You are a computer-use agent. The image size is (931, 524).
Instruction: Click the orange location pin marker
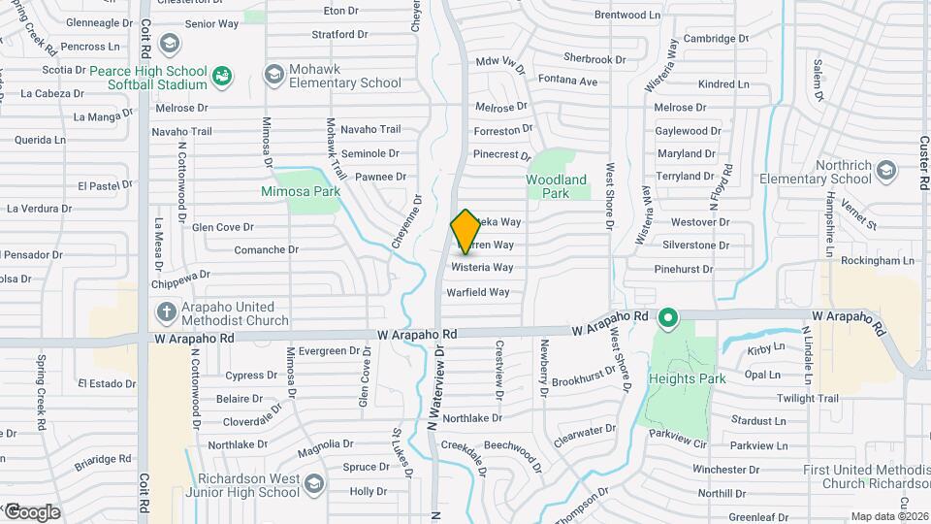[x=465, y=231]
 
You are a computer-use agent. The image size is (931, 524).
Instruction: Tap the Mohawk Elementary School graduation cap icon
[x=273, y=75]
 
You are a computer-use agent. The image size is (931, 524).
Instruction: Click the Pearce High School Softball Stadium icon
[x=221, y=75]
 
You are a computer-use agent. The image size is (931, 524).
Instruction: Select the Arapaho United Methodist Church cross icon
[x=165, y=311]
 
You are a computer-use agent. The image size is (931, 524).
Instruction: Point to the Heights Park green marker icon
[x=667, y=317]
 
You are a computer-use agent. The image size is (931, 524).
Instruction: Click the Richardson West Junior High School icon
[x=312, y=483]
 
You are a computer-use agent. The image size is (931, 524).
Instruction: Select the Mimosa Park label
[x=301, y=192]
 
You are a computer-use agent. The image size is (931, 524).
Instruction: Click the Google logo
[x=31, y=511]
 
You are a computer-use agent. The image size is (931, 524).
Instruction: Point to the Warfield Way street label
[x=477, y=292]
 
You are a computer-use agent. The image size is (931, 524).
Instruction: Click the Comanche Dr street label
[x=264, y=250]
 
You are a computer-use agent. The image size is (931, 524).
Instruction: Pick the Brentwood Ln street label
[x=626, y=16]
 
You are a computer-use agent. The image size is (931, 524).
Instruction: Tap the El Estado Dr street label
[x=107, y=384]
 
